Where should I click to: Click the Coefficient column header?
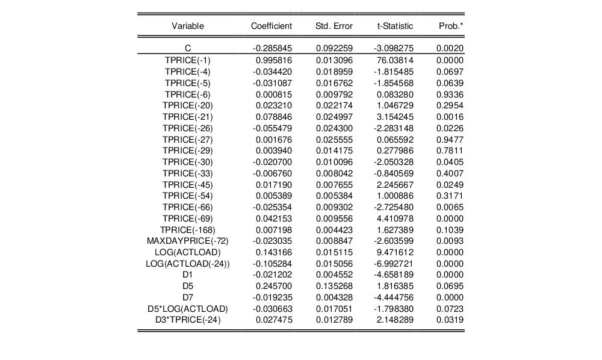tap(271, 26)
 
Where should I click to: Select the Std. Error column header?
tap(334, 26)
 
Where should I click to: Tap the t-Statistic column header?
tap(395, 26)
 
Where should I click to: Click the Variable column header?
tap(188, 26)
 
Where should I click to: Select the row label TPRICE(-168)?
tap(188, 229)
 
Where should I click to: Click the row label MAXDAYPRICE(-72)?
tap(188, 241)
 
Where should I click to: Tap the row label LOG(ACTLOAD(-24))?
tap(188, 263)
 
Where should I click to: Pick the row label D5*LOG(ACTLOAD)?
tap(188, 308)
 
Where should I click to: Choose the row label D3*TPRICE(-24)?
tap(188, 320)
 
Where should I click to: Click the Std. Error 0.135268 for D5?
tap(334, 286)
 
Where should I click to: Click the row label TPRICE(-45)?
tap(188, 184)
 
